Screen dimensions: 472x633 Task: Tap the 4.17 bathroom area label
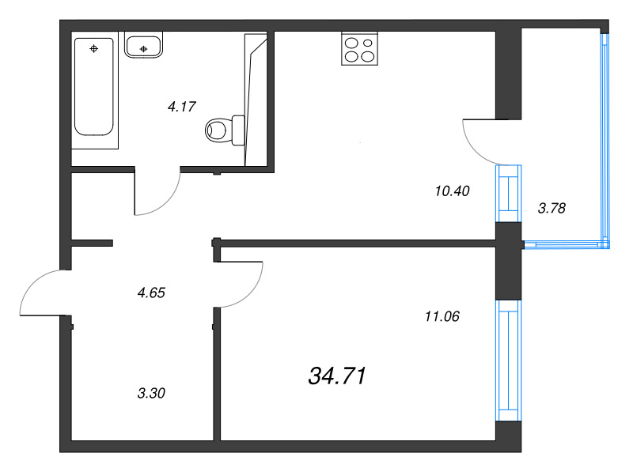tap(181, 106)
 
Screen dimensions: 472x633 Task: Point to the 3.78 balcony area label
tap(552, 209)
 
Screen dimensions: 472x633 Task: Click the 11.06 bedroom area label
tap(442, 317)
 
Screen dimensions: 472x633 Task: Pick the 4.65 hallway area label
tap(150, 293)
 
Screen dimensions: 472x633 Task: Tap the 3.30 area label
tap(150, 391)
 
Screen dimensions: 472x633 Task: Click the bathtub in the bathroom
tap(96, 87)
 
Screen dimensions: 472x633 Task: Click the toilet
tap(226, 129)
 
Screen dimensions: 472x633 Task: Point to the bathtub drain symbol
tap(95, 49)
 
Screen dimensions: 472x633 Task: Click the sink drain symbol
tap(143, 49)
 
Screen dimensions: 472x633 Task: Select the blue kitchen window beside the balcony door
tap(507, 193)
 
